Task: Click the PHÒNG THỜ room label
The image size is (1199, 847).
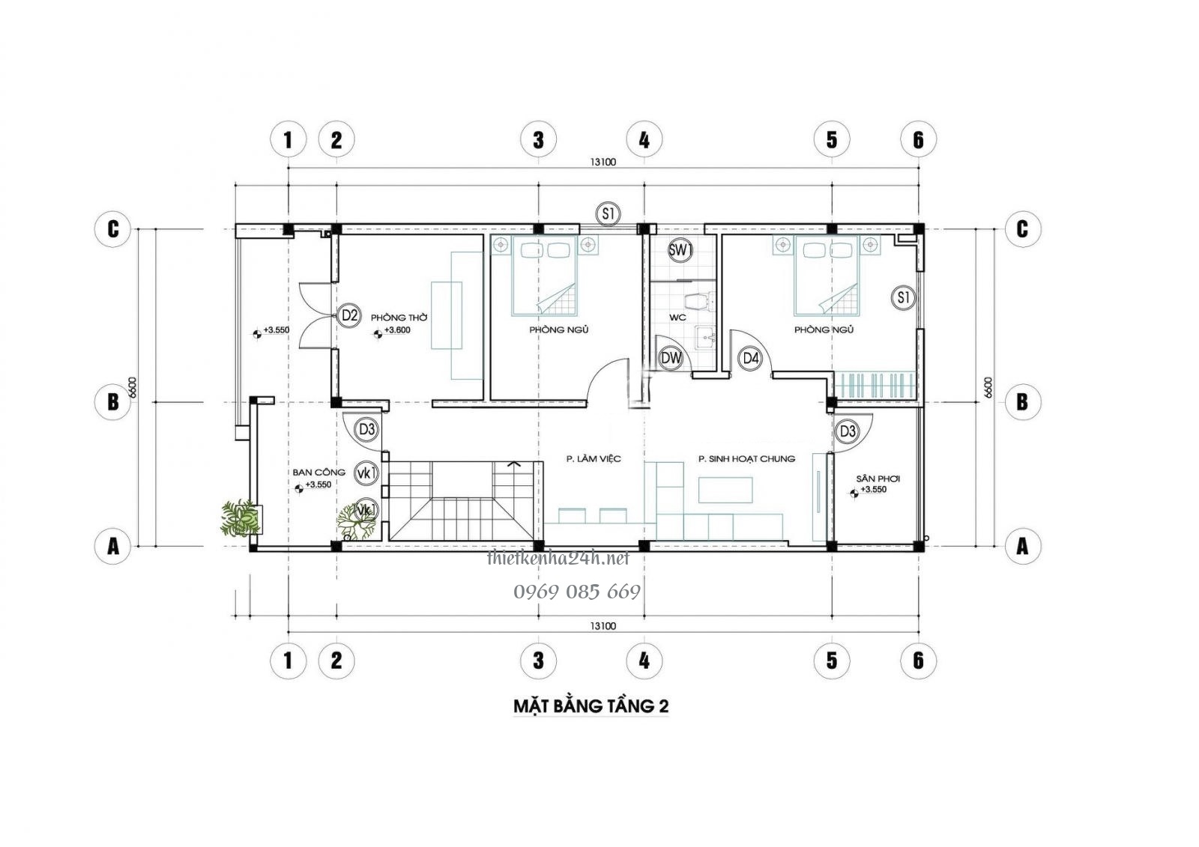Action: (x=399, y=318)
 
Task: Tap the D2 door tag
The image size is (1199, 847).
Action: (x=349, y=316)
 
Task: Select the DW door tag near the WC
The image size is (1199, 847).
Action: (x=671, y=359)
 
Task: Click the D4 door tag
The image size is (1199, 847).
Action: (x=751, y=359)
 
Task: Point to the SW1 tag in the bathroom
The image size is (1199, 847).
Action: (x=679, y=251)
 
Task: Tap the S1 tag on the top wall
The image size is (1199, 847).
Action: (x=608, y=214)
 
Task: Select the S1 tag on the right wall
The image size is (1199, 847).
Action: (x=904, y=298)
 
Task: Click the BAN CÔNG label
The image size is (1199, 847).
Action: (x=318, y=473)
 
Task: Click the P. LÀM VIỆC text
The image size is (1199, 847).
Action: (x=593, y=459)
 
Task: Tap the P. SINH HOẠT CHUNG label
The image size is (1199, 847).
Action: (x=746, y=459)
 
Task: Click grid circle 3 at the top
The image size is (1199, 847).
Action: (x=538, y=139)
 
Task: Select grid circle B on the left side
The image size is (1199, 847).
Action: (x=113, y=402)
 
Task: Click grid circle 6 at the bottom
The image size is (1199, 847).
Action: (x=919, y=660)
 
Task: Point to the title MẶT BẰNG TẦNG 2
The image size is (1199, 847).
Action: (x=591, y=705)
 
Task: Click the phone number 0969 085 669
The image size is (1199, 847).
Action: (x=576, y=592)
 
